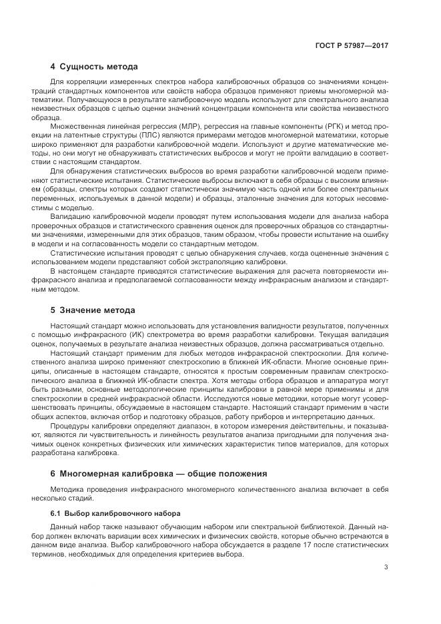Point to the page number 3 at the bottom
[386, 567]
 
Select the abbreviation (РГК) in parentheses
[298, 125]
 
